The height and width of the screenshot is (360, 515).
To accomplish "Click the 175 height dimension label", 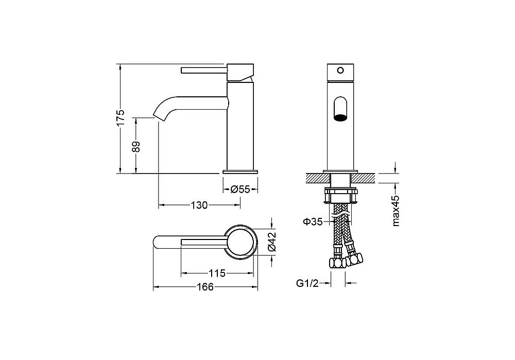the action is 121,117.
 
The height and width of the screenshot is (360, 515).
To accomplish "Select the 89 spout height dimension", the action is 136,146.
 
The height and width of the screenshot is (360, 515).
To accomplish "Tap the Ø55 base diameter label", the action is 240,190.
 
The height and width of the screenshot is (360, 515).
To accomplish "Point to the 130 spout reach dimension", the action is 199,205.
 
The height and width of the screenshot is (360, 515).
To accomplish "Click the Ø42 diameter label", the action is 271,242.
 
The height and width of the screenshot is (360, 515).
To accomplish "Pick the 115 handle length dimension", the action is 217,273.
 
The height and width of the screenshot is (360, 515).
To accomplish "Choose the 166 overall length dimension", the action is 205,287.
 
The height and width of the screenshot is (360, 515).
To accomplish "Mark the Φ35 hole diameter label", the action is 313,222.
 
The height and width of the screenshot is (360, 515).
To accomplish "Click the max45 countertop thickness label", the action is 396,211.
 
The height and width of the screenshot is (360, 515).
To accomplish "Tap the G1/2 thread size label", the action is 307,283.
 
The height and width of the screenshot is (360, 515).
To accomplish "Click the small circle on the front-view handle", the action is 340,70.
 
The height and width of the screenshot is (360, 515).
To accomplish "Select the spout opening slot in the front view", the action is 340,108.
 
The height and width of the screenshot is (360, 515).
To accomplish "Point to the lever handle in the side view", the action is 203,70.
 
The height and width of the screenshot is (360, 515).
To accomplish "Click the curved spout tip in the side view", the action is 157,114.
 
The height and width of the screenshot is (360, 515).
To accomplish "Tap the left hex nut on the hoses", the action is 337,263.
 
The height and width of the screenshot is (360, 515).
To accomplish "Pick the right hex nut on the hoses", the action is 354,259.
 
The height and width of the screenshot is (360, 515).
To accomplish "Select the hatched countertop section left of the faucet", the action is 318,178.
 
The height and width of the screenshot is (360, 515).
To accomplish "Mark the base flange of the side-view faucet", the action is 240,171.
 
